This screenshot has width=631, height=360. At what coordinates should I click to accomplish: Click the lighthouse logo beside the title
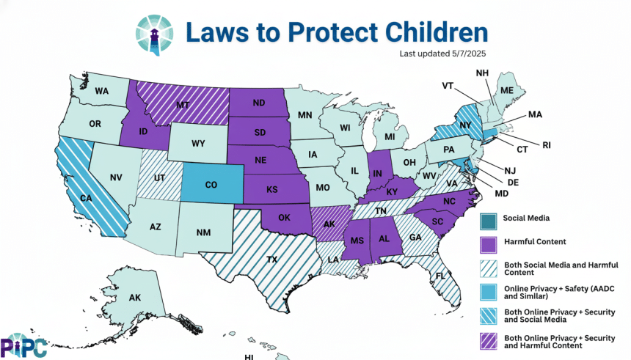coord(155,33)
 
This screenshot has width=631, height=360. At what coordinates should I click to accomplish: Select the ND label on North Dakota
coord(258,103)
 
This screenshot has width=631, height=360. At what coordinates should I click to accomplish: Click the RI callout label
coord(546,144)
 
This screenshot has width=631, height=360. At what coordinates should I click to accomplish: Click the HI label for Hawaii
coord(249,357)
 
